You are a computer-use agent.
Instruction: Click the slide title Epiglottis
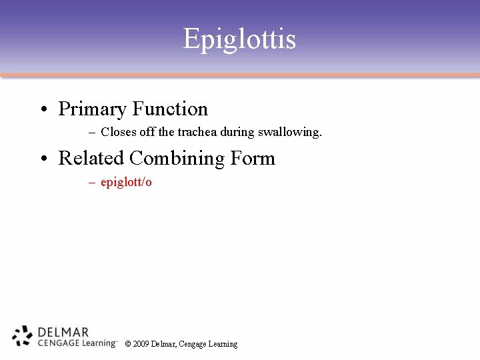pyautogui.click(x=239, y=39)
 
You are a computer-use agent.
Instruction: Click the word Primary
pyautogui.click(x=93, y=109)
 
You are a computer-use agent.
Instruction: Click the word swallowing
pyautogui.click(x=293, y=132)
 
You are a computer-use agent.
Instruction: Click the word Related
pyautogui.click(x=91, y=158)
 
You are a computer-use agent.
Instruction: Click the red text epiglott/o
pyautogui.click(x=126, y=182)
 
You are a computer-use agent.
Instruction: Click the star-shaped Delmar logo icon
pyautogui.click(x=23, y=336)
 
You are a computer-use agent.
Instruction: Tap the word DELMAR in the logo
pyautogui.click(x=63, y=332)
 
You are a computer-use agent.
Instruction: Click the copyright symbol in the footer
pyautogui.click(x=128, y=344)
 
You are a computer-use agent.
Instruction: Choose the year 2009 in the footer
pyautogui.click(x=141, y=344)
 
